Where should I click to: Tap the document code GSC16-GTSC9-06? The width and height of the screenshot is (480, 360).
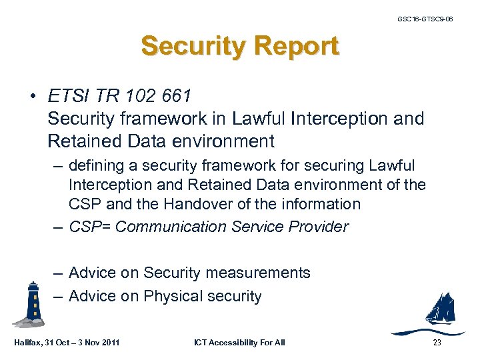point(425,19)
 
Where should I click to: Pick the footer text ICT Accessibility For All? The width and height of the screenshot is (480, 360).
point(239,343)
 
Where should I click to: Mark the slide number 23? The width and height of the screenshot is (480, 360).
point(437,343)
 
